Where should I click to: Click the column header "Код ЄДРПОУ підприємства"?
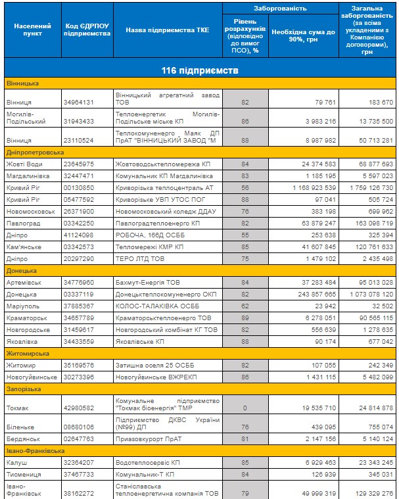(x=87, y=30)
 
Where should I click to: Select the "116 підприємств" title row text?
(x=200, y=70)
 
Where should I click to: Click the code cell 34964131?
(x=80, y=103)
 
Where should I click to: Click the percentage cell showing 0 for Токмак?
(x=245, y=408)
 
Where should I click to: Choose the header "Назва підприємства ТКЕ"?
(x=167, y=30)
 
